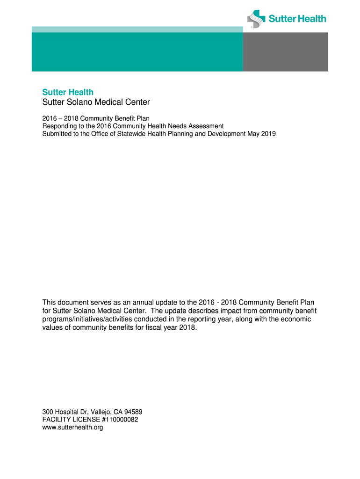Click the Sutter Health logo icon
[256, 19]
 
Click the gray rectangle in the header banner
[285, 51]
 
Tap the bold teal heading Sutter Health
[68, 92]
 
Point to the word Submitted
[58, 134]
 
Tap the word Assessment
[206, 126]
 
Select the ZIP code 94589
[133, 412]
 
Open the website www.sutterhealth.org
[72, 427]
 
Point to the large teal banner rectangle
[137, 51]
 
